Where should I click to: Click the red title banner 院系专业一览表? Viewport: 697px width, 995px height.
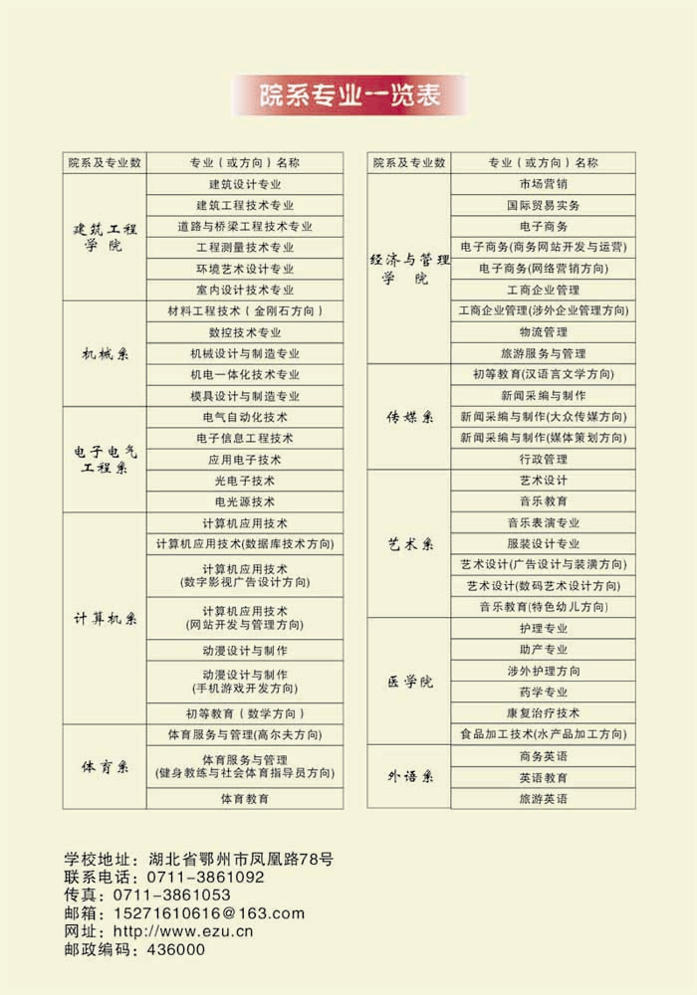[x=348, y=96]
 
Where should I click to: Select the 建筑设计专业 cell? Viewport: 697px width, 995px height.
[x=245, y=184]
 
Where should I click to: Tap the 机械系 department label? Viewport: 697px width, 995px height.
[x=105, y=353]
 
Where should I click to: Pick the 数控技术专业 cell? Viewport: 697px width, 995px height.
[x=245, y=332]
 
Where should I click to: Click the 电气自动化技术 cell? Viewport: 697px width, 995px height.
[x=245, y=417]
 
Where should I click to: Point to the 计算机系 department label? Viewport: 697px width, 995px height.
[x=105, y=618]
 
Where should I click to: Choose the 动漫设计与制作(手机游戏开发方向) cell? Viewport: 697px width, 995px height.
[x=245, y=682]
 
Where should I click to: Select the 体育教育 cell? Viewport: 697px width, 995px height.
[x=245, y=798]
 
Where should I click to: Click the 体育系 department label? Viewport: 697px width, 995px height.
[x=105, y=767]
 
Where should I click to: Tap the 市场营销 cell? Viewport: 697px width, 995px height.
[x=543, y=184]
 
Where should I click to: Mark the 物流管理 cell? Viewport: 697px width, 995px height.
[x=543, y=332]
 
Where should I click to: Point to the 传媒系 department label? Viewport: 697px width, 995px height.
[x=409, y=417]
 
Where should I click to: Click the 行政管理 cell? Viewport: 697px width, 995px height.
[x=543, y=460]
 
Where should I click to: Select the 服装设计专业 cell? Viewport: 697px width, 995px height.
[x=543, y=544]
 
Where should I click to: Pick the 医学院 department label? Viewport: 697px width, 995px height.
[x=409, y=683]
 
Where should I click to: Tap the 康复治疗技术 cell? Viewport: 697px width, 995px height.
[x=543, y=713]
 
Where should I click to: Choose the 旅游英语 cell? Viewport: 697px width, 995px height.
[x=543, y=798]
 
